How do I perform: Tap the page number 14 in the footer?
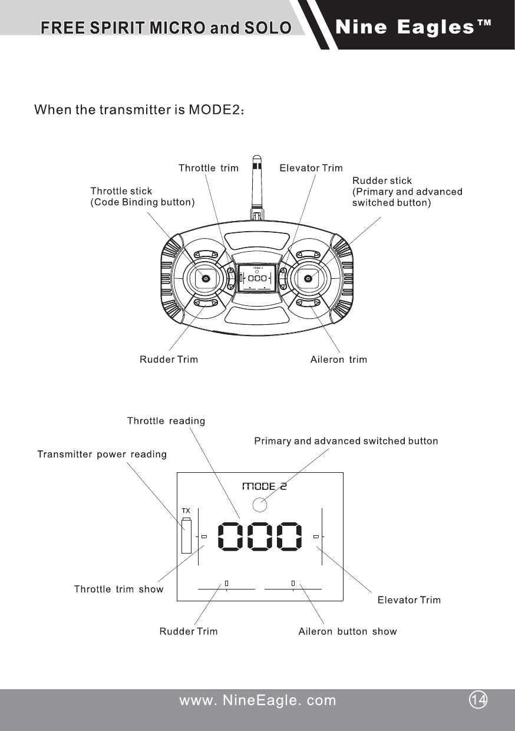[479, 699]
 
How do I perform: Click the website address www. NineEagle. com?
[257, 700]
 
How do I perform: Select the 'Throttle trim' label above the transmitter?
[208, 168]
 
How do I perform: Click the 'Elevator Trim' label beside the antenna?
[311, 168]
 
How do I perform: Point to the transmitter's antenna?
[256, 183]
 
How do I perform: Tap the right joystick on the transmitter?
[307, 279]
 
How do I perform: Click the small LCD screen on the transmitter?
[256, 277]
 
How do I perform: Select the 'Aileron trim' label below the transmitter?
[338, 360]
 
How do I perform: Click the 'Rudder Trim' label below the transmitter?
[169, 360]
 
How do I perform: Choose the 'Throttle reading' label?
[166, 421]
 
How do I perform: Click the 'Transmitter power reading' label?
[102, 455]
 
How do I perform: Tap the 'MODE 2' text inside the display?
[265, 486]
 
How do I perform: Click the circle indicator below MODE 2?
[259, 504]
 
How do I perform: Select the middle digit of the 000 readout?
[258, 536]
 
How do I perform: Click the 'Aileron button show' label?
[347, 632]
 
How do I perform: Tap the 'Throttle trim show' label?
[118, 590]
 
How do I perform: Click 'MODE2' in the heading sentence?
[213, 110]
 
